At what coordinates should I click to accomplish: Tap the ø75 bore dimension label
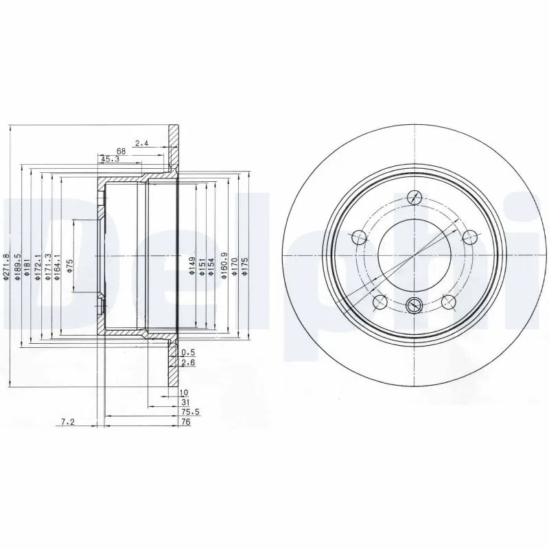click(x=69, y=266)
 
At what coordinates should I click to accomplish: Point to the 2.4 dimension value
click(x=142, y=143)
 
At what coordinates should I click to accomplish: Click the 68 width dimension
click(x=121, y=151)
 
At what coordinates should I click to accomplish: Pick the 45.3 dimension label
click(x=110, y=159)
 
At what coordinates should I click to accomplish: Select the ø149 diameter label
click(x=192, y=266)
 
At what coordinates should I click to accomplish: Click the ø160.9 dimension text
click(x=224, y=266)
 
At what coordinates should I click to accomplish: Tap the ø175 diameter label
click(x=245, y=266)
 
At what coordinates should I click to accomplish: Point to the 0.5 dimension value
click(x=188, y=353)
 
